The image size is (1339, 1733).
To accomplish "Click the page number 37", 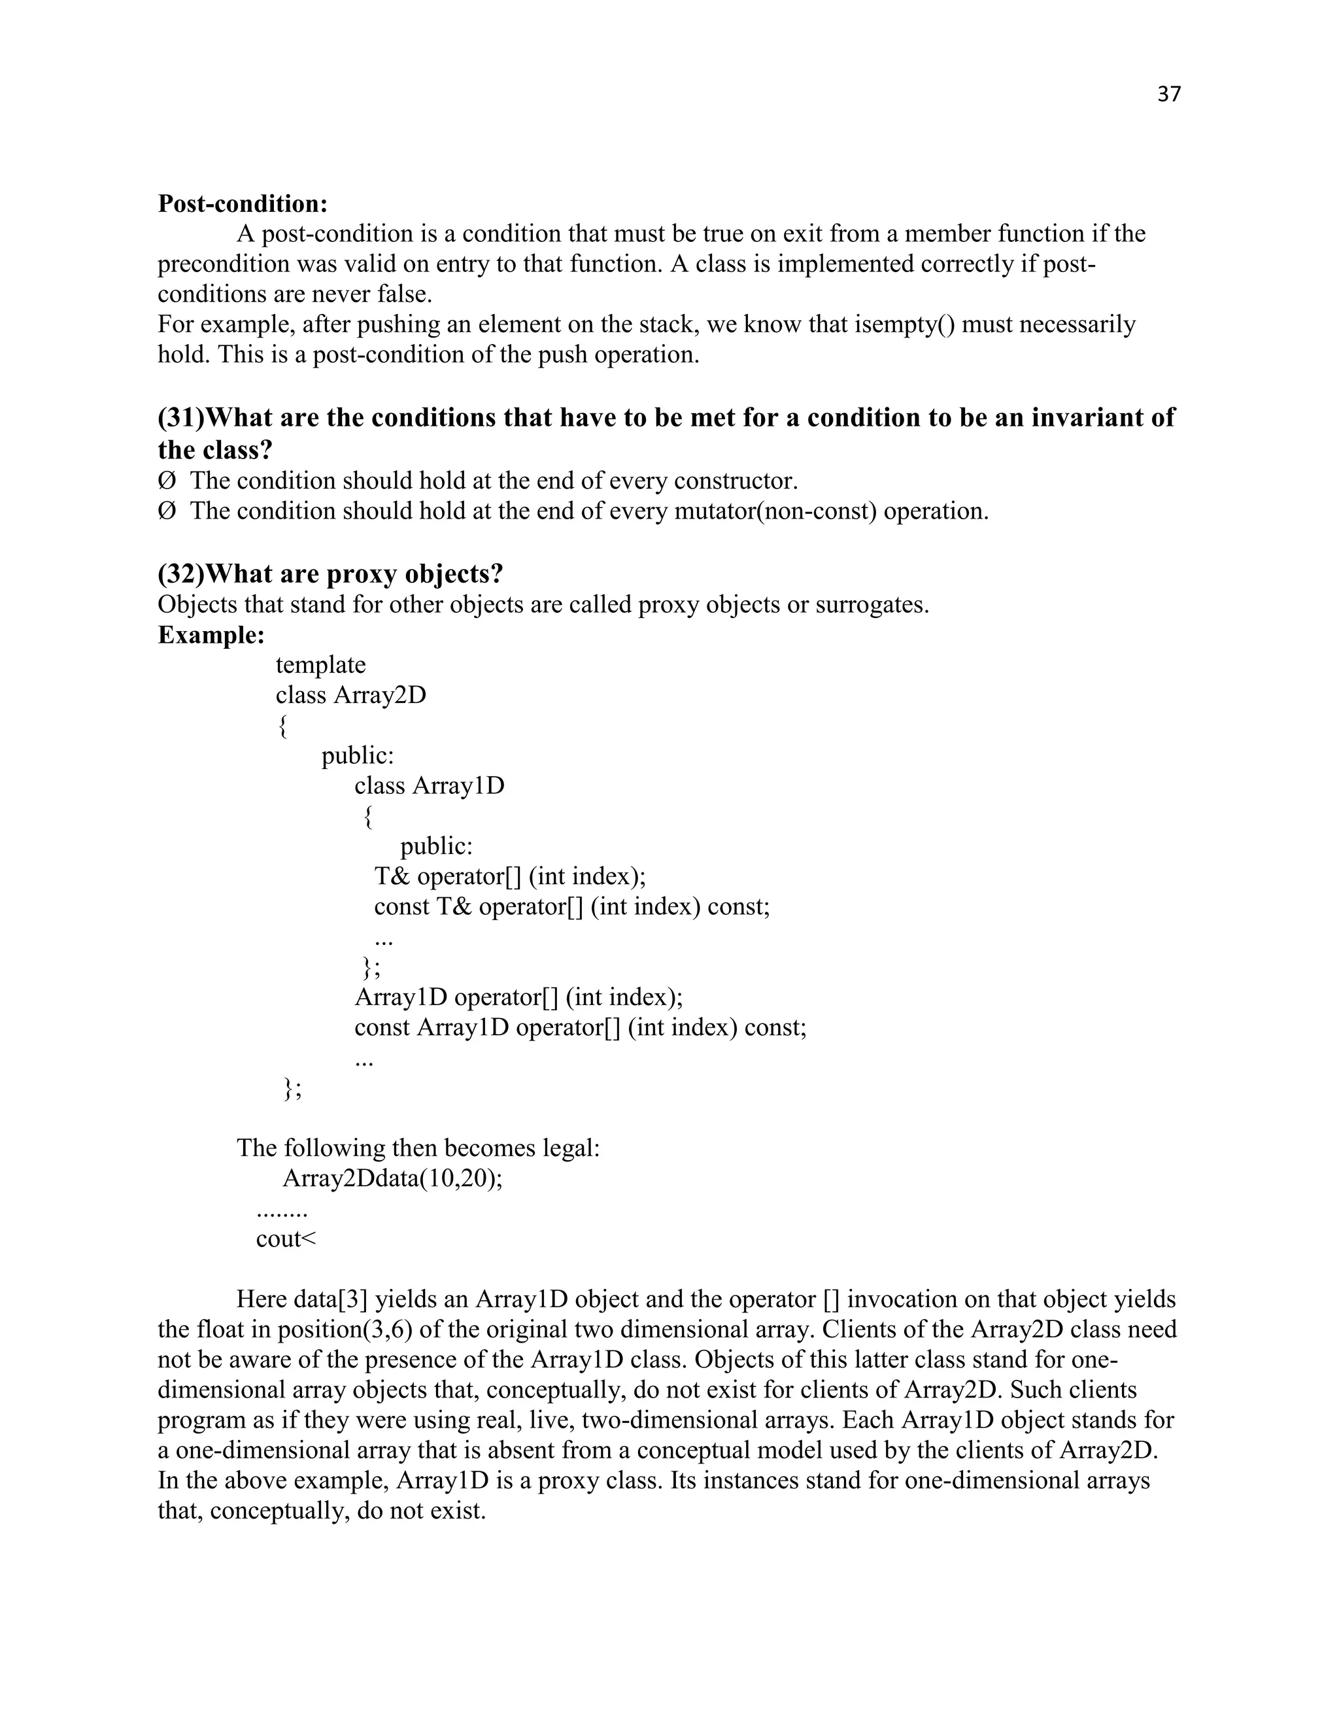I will click(1168, 94).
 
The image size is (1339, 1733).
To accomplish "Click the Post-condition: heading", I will click(243, 204).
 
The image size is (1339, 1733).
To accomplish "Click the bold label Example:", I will click(211, 636).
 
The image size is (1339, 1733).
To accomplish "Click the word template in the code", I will click(320, 665).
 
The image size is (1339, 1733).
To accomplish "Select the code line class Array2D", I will click(350, 696).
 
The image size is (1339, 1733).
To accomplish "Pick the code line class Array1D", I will click(429, 786).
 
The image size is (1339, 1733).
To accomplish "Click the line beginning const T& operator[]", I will click(571, 907).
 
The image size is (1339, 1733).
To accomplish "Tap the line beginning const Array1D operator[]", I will click(580, 1027).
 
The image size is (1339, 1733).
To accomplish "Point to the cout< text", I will click(286, 1239).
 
